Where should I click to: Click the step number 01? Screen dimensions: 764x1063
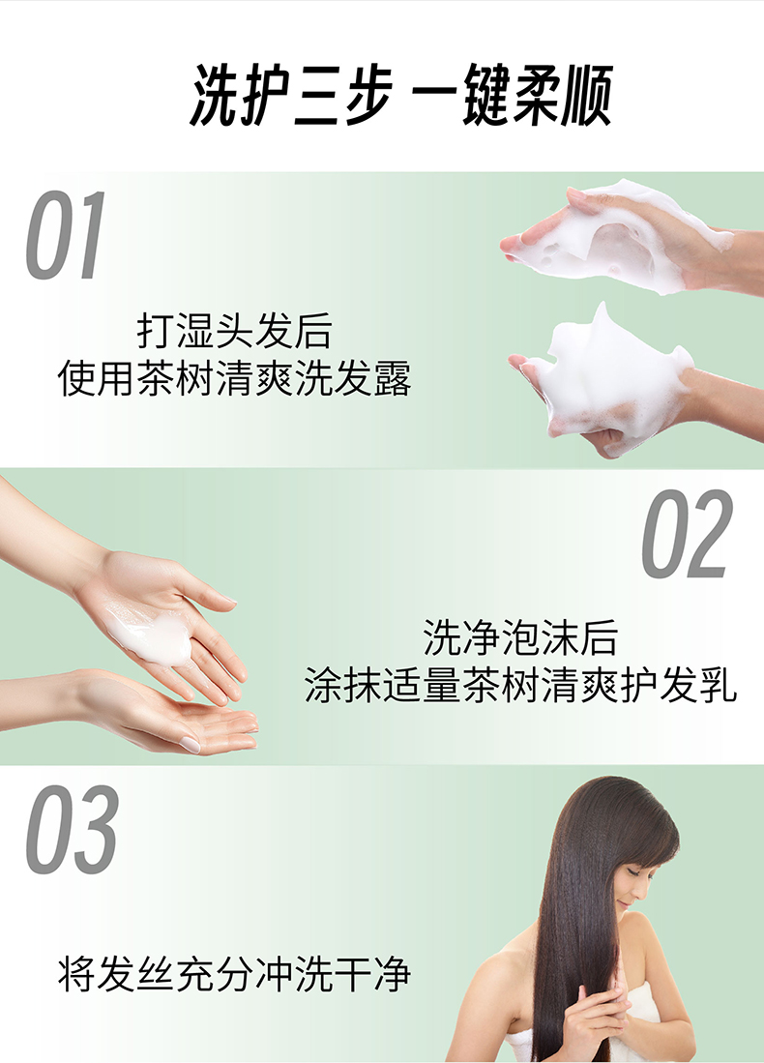pos(67,235)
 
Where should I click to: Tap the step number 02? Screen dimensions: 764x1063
pos(687,534)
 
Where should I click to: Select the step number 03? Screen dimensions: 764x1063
pos(73,829)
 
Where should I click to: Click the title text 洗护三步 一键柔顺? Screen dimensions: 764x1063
pos(401,94)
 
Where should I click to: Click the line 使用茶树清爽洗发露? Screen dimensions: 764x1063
pos(235,378)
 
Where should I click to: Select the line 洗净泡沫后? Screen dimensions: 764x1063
pos(520,636)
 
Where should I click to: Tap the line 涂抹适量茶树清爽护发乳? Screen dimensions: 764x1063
pos(520,685)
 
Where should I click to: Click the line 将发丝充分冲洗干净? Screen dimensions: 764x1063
pos(235,974)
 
